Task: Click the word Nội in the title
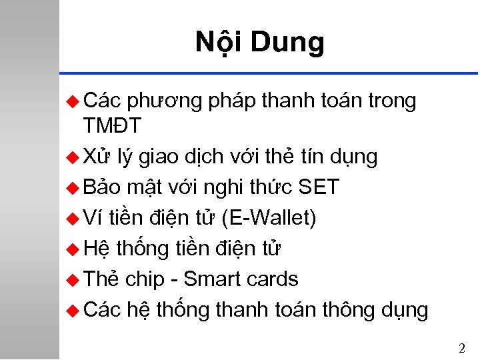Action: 218,42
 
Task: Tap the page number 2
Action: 462,347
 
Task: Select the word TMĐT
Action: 112,125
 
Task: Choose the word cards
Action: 273,279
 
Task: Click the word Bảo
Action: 102,187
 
